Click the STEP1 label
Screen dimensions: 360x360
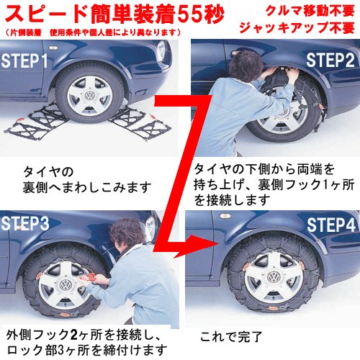click(x=24, y=60)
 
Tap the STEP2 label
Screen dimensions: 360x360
click(x=330, y=60)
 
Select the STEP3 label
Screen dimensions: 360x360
click(x=25, y=224)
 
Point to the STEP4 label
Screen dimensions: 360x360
click(x=331, y=225)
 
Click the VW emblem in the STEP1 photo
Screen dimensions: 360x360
click(x=90, y=96)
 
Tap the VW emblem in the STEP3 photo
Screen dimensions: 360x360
click(x=65, y=285)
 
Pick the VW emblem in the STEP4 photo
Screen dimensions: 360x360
click(x=273, y=278)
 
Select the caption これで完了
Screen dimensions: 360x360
click(x=231, y=337)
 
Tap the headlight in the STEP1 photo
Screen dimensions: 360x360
click(x=161, y=51)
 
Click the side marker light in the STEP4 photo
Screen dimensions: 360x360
click(x=225, y=216)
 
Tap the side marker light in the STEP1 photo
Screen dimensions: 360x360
click(x=53, y=48)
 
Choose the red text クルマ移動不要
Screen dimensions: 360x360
click(x=310, y=11)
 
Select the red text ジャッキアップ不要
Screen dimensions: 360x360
click(x=297, y=28)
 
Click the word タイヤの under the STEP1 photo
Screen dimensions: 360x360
click(x=48, y=172)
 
